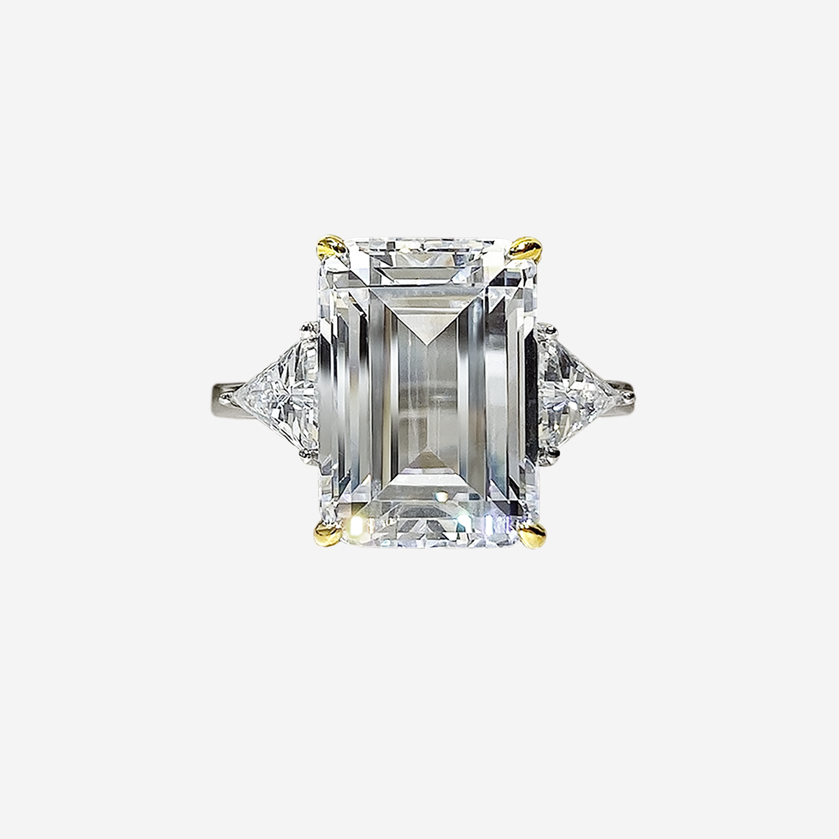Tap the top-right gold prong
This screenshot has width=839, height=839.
point(526,248)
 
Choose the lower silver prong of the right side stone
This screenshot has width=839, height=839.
point(554,455)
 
